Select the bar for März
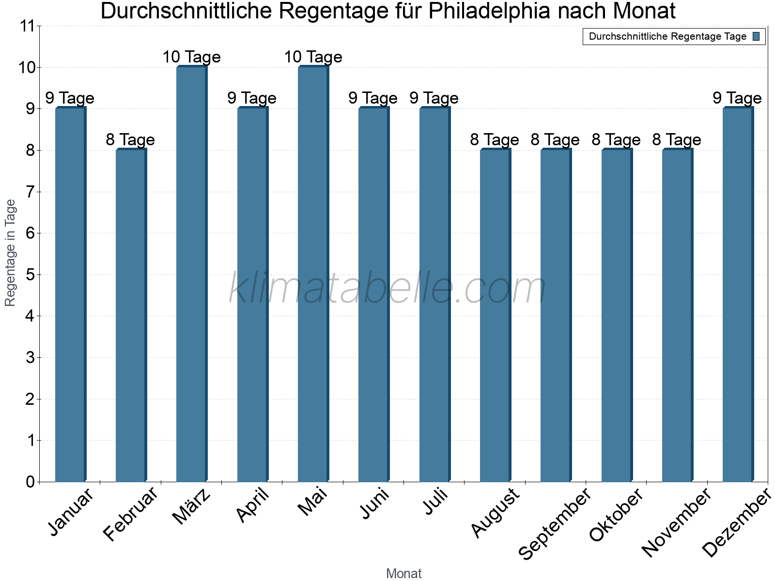(x=192, y=274)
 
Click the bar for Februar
(x=131, y=316)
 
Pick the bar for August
(x=495, y=316)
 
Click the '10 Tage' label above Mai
(x=313, y=57)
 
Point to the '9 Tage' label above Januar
(x=70, y=98)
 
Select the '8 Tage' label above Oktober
(x=616, y=140)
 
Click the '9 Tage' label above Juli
(x=434, y=98)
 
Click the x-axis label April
(x=253, y=505)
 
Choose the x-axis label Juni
(x=374, y=504)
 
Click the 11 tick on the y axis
(x=27, y=26)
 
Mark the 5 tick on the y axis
(x=30, y=275)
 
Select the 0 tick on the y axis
(x=30, y=482)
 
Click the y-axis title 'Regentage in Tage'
(x=10, y=253)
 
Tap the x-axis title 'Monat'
(x=403, y=573)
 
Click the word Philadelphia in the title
(x=489, y=12)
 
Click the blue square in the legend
(x=757, y=36)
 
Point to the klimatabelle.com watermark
(x=387, y=289)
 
